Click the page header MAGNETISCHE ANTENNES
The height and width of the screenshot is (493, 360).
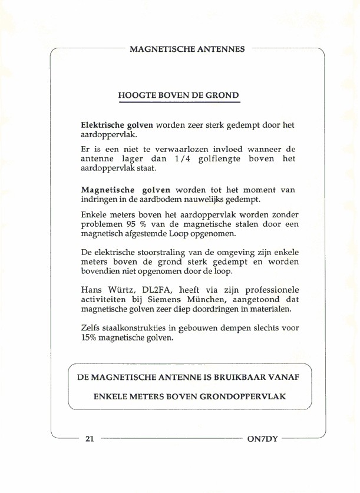pyautogui.click(x=187, y=49)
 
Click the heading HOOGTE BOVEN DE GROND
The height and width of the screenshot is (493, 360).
pyautogui.click(x=179, y=95)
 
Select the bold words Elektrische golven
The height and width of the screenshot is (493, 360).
pyautogui.click(x=117, y=125)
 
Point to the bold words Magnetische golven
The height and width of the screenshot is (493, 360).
pyautogui.click(x=125, y=190)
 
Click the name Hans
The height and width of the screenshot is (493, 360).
pyautogui.click(x=91, y=289)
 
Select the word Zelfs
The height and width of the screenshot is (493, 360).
pyautogui.click(x=91, y=328)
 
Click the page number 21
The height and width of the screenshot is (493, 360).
pyautogui.click(x=90, y=438)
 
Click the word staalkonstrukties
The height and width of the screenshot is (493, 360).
pyautogui.click(x=137, y=328)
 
